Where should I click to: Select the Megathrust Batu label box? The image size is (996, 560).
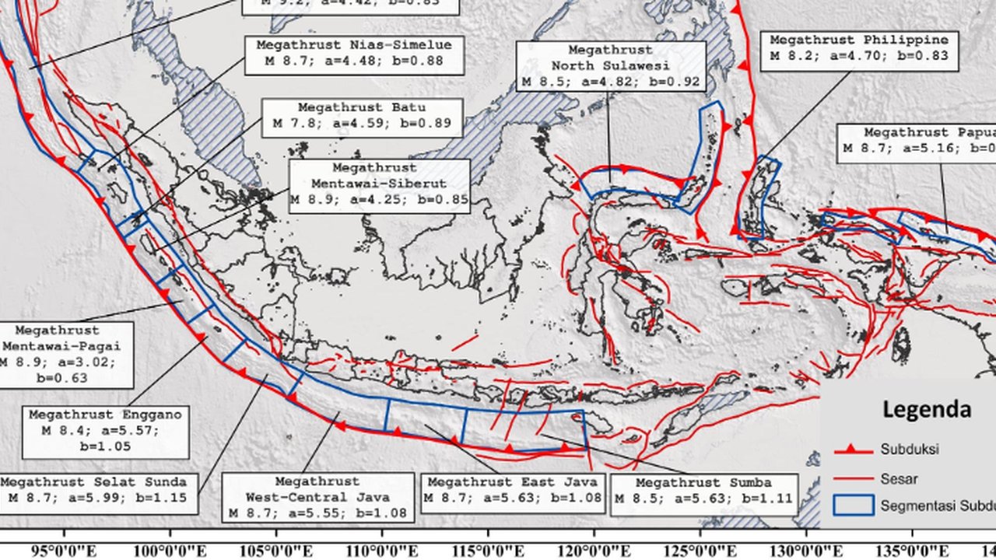click(362, 116)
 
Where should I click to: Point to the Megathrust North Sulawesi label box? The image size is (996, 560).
click(611, 66)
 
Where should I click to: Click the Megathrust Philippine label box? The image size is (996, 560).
click(858, 48)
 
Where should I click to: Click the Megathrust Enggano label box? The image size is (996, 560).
click(105, 431)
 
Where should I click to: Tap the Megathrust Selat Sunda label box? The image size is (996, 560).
click(97, 491)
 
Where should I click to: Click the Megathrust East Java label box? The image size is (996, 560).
click(514, 490)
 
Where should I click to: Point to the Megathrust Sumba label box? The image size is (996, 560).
click(703, 491)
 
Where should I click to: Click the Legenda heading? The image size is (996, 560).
click(926, 410)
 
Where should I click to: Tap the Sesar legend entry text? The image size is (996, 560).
click(899, 478)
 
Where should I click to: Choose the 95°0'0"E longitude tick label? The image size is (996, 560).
click(64, 551)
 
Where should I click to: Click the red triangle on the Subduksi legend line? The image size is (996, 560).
click(853, 449)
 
